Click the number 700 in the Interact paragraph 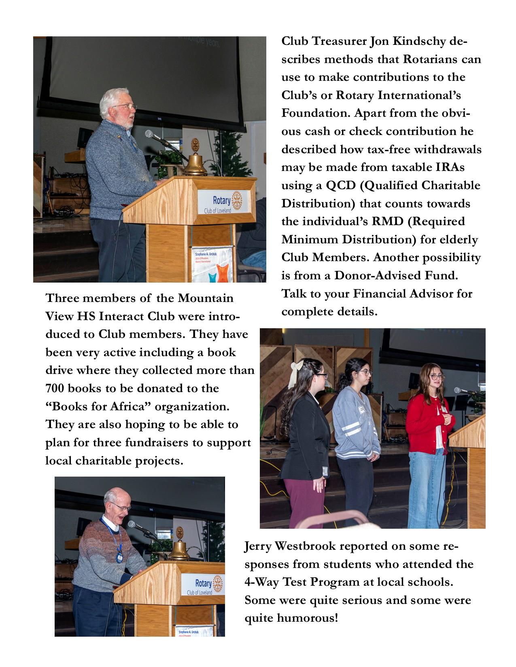point(55,388)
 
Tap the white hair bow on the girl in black point(299,366)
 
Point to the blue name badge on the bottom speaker point(119,558)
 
